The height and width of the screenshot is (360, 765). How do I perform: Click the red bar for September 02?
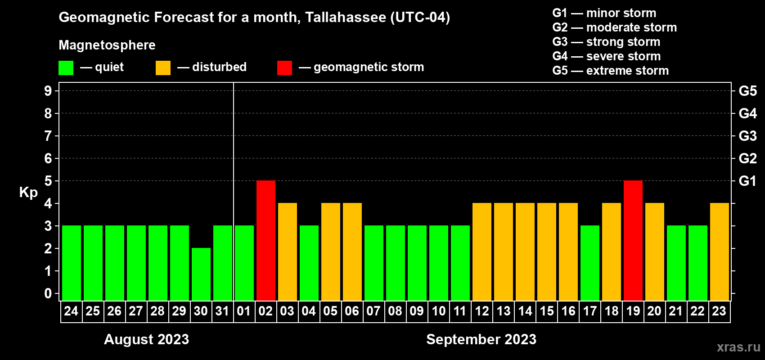265,240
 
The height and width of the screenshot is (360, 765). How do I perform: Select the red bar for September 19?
633,240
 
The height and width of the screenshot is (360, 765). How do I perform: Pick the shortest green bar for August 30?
201,274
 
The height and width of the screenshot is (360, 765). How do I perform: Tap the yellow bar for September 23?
719,252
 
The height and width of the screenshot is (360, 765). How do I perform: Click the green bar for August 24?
72,263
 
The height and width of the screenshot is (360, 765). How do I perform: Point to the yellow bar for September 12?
482,252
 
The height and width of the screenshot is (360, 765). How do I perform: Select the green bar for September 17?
590,263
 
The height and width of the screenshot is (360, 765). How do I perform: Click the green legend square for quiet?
66,67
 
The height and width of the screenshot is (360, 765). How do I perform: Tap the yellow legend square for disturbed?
163,67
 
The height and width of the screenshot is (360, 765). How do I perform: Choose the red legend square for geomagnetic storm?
284,67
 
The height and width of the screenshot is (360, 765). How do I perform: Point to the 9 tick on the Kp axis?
48,91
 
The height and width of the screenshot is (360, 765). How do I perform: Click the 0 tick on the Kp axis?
48,293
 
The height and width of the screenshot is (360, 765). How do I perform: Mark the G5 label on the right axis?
747,91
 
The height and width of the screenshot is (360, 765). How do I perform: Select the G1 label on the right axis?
747,181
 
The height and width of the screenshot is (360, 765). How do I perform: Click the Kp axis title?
28,193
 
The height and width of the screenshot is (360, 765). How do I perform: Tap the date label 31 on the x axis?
222,311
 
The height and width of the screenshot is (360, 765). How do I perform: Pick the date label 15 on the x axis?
546,311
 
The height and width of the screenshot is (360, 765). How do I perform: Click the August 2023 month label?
146,339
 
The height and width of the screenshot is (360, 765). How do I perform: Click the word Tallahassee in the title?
346,17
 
